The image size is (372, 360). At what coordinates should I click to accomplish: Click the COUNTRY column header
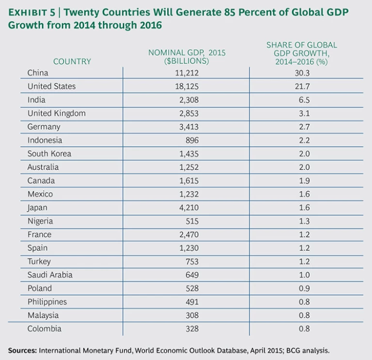(72, 61)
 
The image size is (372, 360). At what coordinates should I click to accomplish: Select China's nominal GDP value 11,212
(186, 74)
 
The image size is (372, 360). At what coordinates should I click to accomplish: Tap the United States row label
(51, 87)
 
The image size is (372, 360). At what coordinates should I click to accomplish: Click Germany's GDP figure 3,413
(186, 127)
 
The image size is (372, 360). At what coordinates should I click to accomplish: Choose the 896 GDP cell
(186, 140)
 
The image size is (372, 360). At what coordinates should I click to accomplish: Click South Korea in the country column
(49, 154)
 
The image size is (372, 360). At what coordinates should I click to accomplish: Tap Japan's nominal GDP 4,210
(186, 208)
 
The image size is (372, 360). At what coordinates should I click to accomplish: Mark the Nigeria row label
(40, 221)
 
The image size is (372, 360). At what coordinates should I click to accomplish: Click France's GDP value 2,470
(186, 235)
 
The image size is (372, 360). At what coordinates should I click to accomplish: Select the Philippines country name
(47, 302)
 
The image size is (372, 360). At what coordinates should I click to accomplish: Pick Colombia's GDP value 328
(186, 329)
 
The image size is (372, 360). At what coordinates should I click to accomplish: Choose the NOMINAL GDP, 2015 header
(186, 52)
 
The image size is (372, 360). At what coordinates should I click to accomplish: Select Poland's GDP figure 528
(186, 288)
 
